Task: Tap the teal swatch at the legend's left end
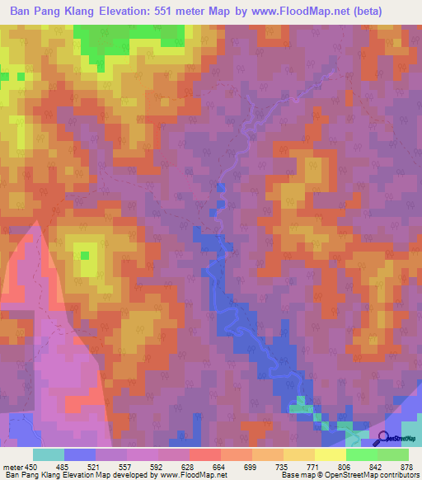coord(48,454)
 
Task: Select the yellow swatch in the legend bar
coord(330,454)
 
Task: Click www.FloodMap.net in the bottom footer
coord(193,475)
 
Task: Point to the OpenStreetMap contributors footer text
coord(376,475)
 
